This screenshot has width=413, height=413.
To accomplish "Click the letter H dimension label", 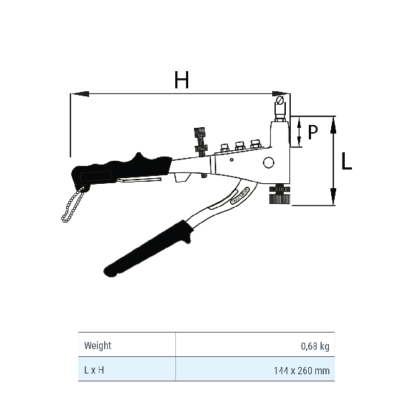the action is tap(182, 80).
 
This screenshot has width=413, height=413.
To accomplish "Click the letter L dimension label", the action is tap(346, 161).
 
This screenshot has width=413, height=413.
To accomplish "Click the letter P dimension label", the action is tap(312, 132).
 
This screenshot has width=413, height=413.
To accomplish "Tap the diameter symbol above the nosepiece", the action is tap(279, 100).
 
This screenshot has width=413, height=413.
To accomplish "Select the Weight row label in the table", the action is tap(98, 345).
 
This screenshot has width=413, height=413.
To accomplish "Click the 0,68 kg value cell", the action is tap(315, 345).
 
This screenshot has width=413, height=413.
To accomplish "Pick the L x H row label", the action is tap(94, 370).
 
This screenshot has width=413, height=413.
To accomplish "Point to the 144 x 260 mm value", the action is tap(302, 371).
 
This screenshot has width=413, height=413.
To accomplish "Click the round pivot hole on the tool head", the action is tap(269, 162).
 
